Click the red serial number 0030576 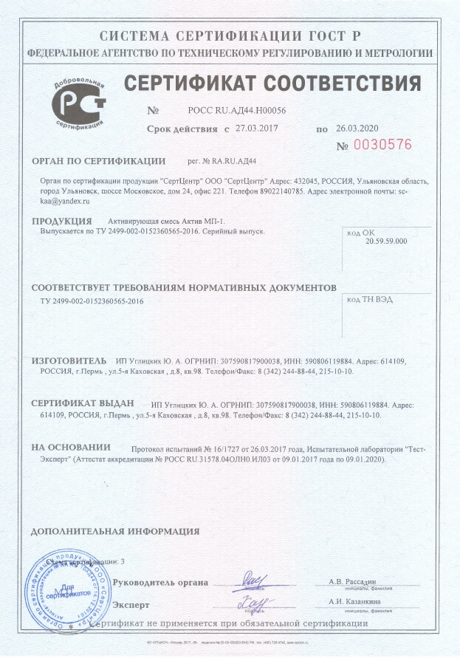[383, 145]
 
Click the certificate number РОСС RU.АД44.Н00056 [237, 110]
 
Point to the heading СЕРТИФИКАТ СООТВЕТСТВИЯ [272, 82]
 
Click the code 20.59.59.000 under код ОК [386, 241]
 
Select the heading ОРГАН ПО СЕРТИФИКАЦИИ [98, 160]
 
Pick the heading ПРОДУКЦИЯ [61, 221]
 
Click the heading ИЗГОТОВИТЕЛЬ [69, 360]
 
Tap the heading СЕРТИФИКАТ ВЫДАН [82, 404]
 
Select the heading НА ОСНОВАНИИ [70, 448]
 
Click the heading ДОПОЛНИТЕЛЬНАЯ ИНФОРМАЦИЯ [115, 531]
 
